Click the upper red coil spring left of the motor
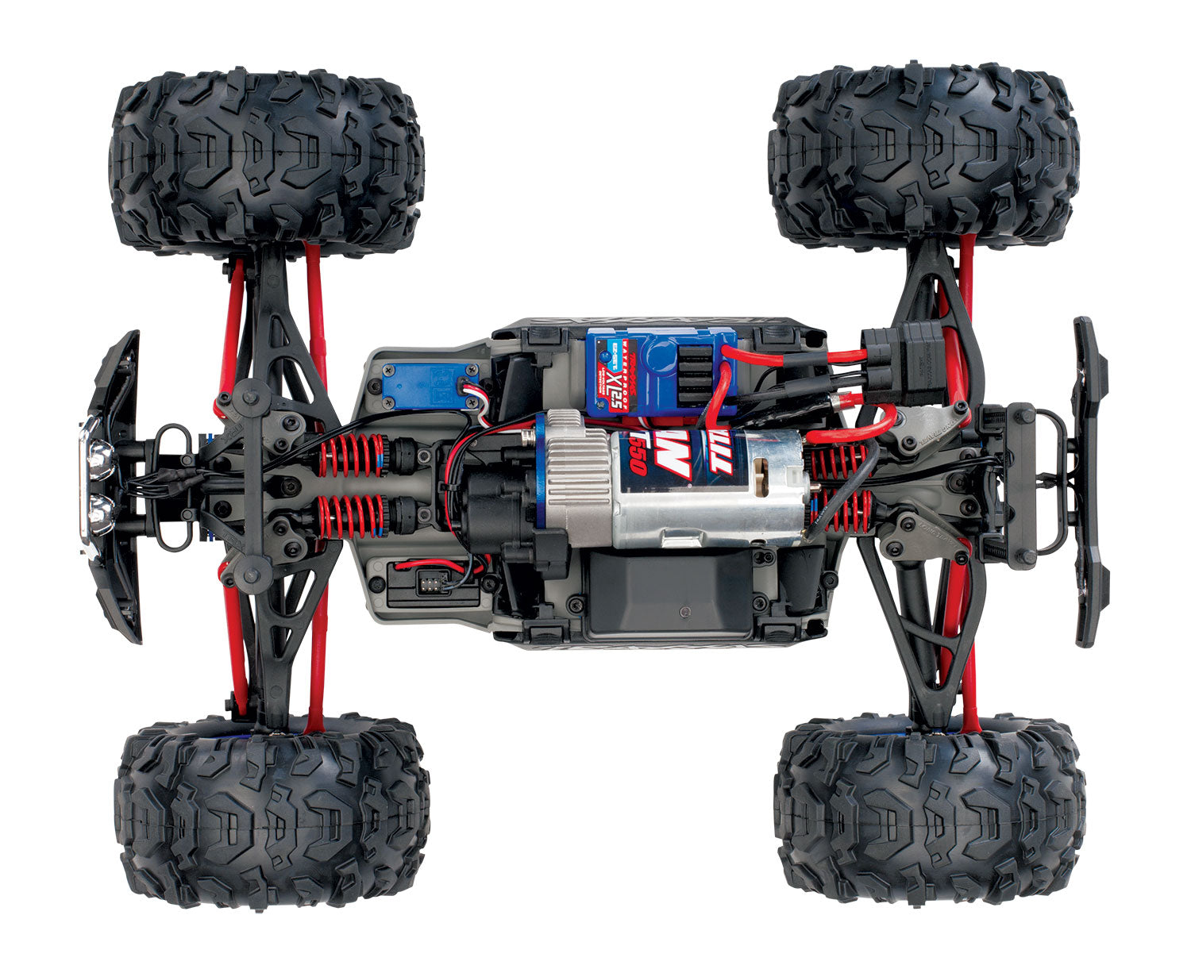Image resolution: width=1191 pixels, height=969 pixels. (x=352, y=456)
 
